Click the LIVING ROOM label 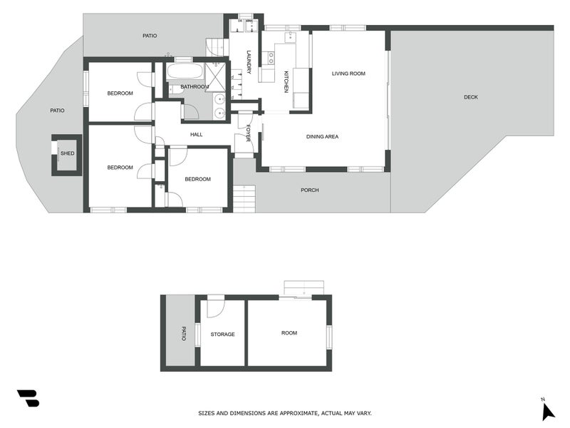348,73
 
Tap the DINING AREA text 322,137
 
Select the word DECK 471,97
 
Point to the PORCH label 310,190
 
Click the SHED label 67,153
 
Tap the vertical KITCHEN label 286,81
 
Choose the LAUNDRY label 249,62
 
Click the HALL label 197,135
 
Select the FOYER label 248,133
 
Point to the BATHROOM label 195,87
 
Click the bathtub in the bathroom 185,71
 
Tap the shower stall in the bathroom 216,77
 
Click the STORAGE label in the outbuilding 222,334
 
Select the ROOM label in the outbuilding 289,333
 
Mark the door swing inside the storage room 216,308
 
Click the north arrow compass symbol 547,412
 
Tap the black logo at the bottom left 28,398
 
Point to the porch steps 244,199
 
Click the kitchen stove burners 271,58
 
